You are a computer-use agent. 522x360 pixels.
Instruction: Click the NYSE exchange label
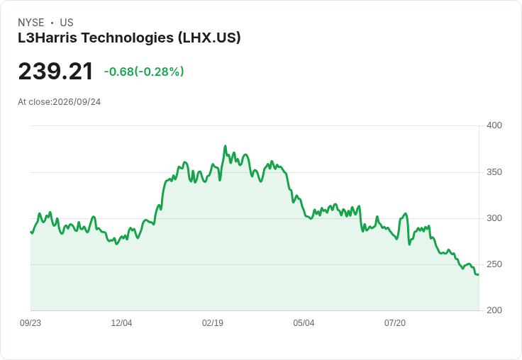coord(31,23)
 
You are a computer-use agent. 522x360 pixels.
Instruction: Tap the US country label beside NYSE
coord(67,23)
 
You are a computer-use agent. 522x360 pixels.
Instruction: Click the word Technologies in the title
coord(128,38)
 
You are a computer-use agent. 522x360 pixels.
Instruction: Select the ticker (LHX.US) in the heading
coord(209,38)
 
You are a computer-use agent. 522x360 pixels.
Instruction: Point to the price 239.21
coord(55,72)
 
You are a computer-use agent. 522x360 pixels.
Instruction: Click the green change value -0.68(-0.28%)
coord(144,72)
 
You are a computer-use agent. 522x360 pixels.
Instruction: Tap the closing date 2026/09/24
coord(77,102)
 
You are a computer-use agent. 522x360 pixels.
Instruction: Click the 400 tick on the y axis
coord(494,125)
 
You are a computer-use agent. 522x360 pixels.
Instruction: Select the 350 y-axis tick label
coord(494,172)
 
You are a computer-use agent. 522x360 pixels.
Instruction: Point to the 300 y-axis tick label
coord(494,218)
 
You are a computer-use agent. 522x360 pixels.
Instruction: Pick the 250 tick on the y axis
coord(494,264)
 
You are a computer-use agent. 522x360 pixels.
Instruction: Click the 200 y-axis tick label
coord(494,310)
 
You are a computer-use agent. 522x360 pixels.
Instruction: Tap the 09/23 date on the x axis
coord(30,323)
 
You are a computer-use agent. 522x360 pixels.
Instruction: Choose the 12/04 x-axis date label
coord(121,323)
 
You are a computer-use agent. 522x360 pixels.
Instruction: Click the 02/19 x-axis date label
coord(213,323)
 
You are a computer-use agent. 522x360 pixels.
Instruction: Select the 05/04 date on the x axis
coord(304,323)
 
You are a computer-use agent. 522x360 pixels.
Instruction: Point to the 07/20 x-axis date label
coord(395,323)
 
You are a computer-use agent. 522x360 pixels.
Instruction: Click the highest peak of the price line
coord(226,146)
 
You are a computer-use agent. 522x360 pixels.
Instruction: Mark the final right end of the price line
coord(479,274)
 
